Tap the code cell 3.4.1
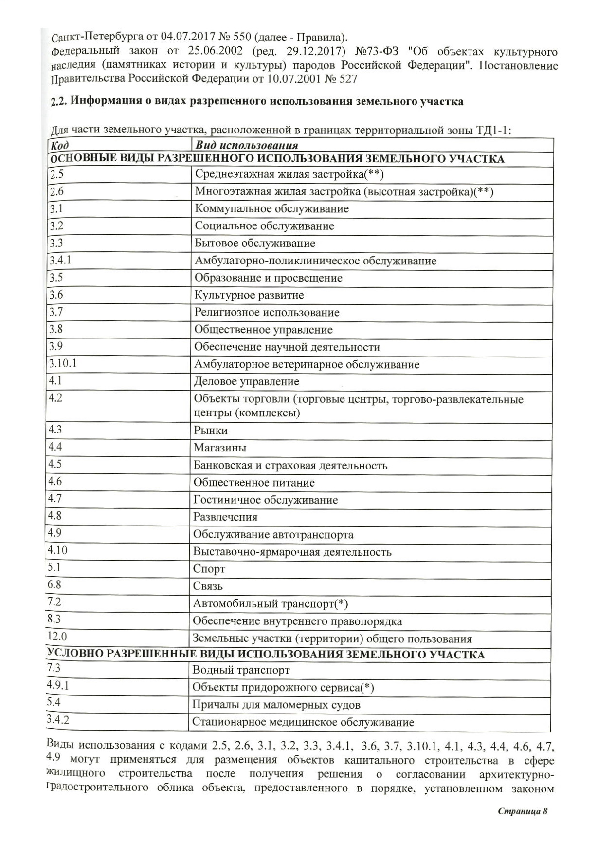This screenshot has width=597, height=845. coord(60,261)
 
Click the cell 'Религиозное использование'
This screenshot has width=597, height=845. coord(267,313)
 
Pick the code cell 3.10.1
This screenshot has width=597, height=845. coord(63,364)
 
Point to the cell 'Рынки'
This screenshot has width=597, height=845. coord(210,431)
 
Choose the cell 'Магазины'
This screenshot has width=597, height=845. coord(220,448)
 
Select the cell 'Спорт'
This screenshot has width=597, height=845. coord(209,569)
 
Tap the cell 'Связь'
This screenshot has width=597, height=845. coord(208,586)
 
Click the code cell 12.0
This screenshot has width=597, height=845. coord(57,637)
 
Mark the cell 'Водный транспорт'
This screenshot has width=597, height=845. coord(241,670)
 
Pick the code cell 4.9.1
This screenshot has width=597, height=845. coord(58,686)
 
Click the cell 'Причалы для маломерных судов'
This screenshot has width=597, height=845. coord(276,705)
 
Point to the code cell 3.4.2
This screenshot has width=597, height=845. coord(58,720)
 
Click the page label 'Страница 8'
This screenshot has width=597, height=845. coord(523,811)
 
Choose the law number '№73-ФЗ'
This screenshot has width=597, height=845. coord(378,52)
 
